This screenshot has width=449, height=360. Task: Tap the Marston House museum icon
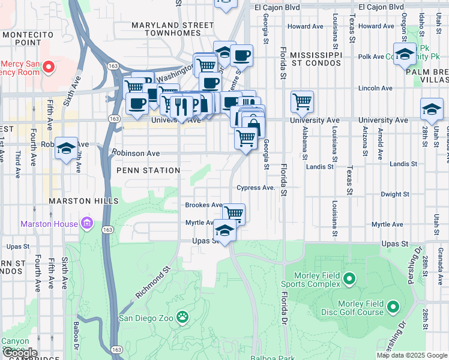pos(88,224)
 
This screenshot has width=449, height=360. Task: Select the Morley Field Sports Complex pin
pos(351,279)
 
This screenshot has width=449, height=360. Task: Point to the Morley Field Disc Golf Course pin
pos(394,308)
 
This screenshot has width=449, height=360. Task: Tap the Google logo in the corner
pos(20,353)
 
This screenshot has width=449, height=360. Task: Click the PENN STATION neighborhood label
pos(148,170)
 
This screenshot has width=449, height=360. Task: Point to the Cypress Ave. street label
pos(256,187)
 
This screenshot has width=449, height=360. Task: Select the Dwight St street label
pos(395,194)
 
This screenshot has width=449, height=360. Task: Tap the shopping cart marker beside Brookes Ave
pos(234,213)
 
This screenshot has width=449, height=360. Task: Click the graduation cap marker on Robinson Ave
pos(66,148)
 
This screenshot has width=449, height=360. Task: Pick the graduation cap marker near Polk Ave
pos(405,53)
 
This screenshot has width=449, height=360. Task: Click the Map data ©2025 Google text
pos(412,355)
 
